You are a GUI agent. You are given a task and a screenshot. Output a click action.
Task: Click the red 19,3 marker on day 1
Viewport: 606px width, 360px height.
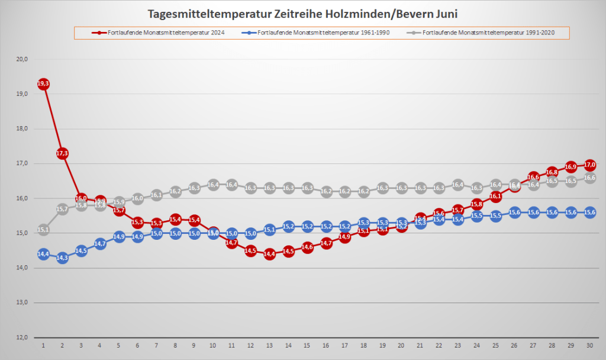tap(43, 84)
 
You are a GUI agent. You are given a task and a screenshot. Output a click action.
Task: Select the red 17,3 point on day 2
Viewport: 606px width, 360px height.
tap(62, 153)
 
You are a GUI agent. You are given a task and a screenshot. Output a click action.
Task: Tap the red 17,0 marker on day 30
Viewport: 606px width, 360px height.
tap(589, 165)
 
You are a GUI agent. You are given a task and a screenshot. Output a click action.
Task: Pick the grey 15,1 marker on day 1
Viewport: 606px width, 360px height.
tap(43, 230)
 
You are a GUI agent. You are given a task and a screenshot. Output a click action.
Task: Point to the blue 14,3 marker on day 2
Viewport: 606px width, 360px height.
tap(62, 258)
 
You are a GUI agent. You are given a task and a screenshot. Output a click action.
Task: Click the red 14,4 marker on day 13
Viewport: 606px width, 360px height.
tap(270, 254)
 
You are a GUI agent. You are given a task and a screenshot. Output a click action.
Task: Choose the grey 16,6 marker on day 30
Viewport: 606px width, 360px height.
tap(589, 178)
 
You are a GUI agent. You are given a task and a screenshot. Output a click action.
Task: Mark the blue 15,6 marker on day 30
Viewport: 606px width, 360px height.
tap(589, 213)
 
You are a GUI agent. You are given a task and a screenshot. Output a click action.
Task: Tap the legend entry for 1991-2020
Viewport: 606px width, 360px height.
tap(489, 33)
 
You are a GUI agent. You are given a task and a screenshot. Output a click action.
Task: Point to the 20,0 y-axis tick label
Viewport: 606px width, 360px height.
tap(22, 59)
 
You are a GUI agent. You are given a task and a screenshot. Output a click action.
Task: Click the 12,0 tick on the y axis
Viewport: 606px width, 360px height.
tap(22, 337)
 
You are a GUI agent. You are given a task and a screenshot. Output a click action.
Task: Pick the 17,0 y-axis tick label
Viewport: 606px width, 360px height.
tap(22, 163)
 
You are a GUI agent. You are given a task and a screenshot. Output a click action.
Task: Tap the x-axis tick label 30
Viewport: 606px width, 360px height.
tap(589, 345)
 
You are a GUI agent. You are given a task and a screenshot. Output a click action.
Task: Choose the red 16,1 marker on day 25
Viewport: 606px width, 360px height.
tap(495, 196)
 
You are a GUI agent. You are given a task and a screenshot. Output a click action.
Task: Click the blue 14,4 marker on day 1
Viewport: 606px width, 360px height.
tap(43, 254)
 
